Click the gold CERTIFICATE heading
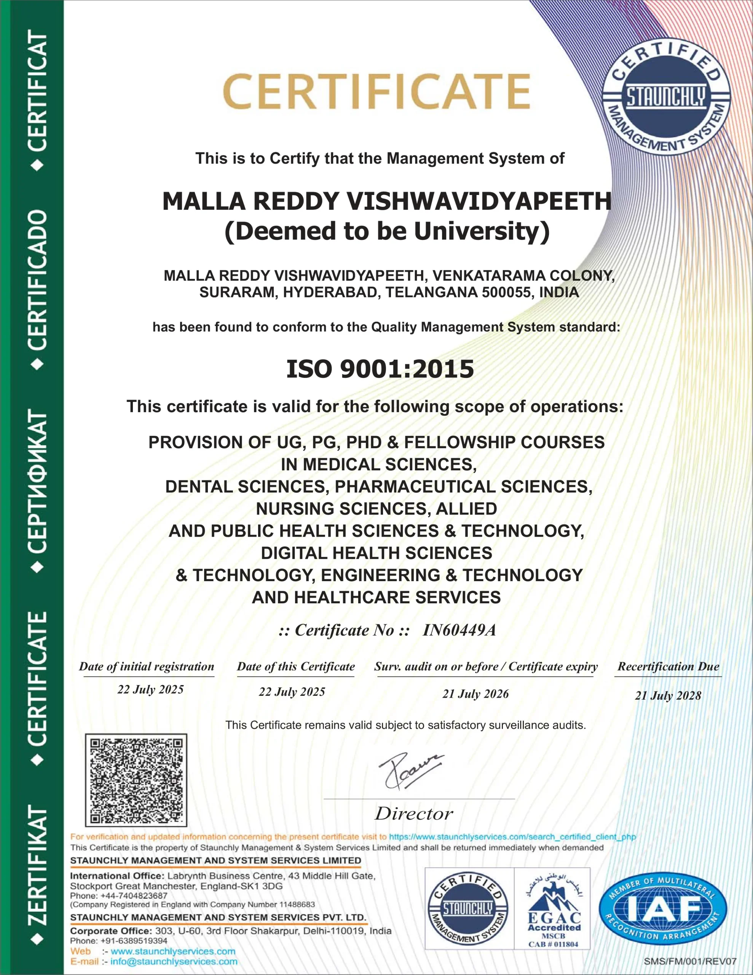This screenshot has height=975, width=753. click(x=376, y=92)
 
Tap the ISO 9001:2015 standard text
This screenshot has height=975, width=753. click(x=380, y=369)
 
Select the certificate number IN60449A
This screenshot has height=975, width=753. click(x=459, y=630)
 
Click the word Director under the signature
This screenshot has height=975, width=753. click(x=414, y=814)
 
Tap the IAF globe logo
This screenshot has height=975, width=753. click(x=663, y=909)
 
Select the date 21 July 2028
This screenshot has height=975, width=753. click(x=668, y=695)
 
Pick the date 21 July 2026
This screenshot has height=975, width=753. click(x=475, y=694)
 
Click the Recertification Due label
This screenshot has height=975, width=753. click(x=668, y=667)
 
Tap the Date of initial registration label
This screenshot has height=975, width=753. click(x=147, y=667)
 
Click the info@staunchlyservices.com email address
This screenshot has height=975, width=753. click(x=174, y=962)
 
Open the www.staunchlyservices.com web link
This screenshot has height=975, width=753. click(x=173, y=951)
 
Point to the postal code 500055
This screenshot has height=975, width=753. click(x=510, y=292)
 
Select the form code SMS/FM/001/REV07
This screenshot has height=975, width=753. click(x=690, y=962)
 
